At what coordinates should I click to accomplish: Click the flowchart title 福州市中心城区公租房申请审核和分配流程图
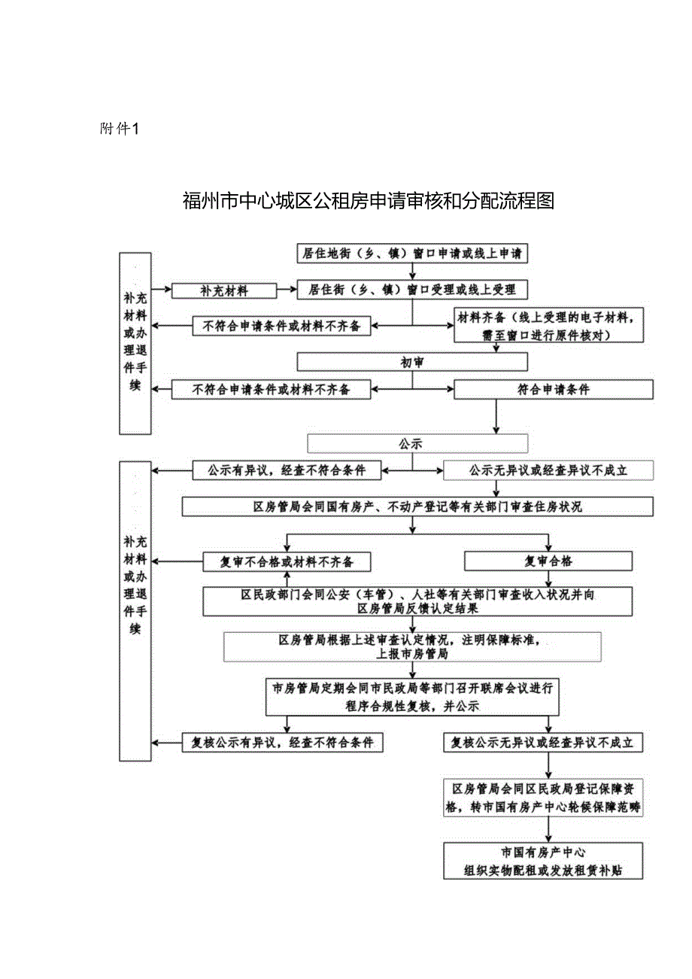(368, 201)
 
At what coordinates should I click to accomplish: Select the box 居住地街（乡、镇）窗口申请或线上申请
(412, 254)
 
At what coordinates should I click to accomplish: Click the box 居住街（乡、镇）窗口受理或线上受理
(412, 289)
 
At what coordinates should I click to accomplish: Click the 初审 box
(412, 363)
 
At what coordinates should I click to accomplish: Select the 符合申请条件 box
(553, 389)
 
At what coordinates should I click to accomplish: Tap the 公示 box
(417, 443)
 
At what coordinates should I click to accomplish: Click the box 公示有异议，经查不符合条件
(287, 470)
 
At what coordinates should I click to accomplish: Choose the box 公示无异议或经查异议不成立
(548, 471)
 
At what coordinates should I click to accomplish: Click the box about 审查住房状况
(417, 506)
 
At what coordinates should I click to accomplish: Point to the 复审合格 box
(548, 561)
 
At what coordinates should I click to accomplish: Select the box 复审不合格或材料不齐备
(287, 561)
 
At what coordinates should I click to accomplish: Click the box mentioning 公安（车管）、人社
(417, 600)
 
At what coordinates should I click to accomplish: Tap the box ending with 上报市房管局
(412, 646)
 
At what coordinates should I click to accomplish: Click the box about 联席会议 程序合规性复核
(412, 697)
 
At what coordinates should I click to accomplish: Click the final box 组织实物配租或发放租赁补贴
(543, 861)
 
